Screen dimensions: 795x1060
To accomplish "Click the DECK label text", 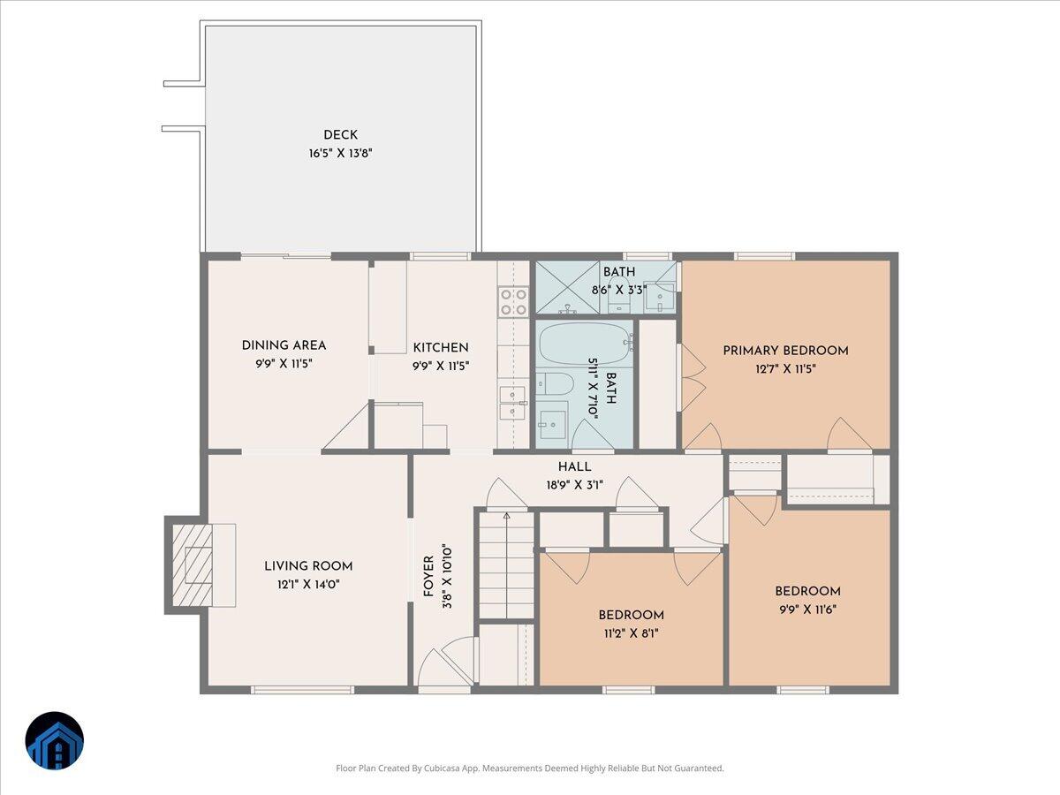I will click(340, 135).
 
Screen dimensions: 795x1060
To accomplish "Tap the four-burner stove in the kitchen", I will click(513, 301).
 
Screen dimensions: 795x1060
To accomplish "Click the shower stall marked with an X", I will click(570, 287).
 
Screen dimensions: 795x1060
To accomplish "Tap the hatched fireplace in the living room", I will click(192, 564).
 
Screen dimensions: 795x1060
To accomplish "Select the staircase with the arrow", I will click(506, 565).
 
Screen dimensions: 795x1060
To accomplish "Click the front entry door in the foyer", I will click(444, 671).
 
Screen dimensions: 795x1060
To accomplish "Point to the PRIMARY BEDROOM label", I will click(785, 351).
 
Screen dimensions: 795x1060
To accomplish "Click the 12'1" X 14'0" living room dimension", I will click(308, 584).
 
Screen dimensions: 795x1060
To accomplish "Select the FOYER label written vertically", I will click(428, 576).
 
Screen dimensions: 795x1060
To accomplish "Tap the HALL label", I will click(574, 466).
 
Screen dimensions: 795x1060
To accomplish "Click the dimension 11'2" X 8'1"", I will click(631, 632).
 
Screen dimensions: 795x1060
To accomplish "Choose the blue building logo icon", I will click(55, 740).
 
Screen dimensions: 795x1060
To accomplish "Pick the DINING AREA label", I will click(284, 345).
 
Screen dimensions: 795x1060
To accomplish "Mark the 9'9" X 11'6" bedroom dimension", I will click(807, 609).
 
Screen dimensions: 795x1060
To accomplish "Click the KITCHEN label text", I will click(441, 347).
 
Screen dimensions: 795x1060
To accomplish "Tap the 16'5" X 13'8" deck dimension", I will click(340, 153).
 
